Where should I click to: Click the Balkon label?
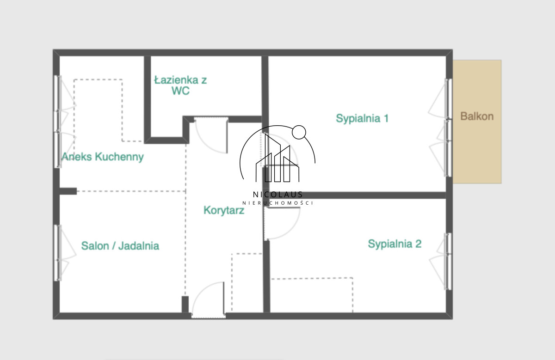(477, 116)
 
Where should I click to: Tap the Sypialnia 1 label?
(362, 118)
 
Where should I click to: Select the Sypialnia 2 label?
(395, 244)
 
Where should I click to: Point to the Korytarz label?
(224, 210)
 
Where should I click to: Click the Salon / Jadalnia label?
(120, 246)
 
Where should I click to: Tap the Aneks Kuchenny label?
(103, 157)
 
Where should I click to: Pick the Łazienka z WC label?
(181, 85)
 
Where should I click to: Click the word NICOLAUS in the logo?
(277, 195)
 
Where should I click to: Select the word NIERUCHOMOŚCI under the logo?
(277, 203)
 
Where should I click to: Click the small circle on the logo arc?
(299, 132)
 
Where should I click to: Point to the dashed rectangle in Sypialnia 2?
(312, 295)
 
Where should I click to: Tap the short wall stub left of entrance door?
(185, 305)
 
